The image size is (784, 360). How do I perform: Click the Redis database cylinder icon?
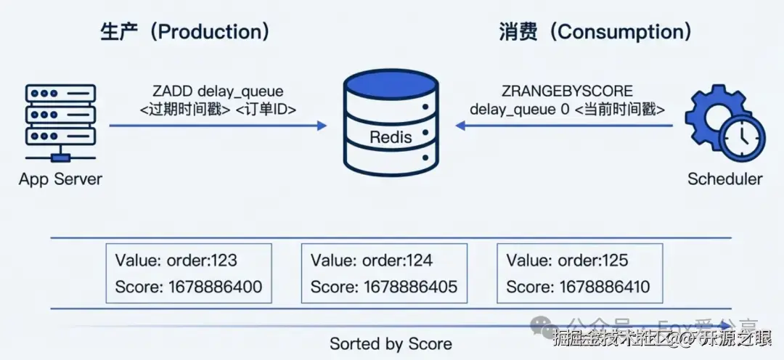(391, 124)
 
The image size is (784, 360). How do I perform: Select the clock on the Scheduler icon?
(743, 138)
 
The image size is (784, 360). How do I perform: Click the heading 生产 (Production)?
(185, 33)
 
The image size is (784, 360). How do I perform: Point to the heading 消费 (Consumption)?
(595, 33)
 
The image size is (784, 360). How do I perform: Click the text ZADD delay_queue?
(218, 91)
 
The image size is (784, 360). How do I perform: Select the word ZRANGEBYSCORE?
(567, 91)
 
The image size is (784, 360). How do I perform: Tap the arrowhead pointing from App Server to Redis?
(322, 126)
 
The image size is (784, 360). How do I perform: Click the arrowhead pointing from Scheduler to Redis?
(461, 126)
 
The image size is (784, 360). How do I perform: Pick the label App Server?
(61, 179)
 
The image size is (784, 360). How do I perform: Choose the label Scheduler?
(724, 179)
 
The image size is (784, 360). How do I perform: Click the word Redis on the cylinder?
(391, 137)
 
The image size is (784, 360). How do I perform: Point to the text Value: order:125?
(568, 261)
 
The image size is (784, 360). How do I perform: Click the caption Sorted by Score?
(391, 343)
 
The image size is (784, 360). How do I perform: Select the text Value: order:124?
(372, 261)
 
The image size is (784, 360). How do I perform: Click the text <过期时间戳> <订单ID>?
(218, 110)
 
